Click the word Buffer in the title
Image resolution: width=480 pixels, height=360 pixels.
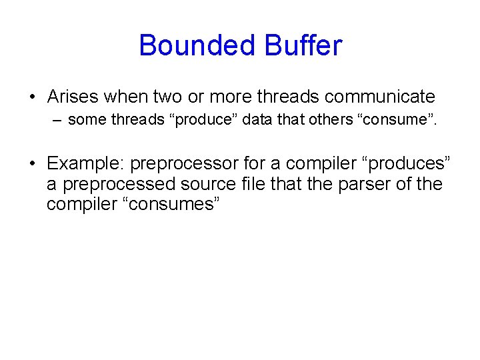pos(303,46)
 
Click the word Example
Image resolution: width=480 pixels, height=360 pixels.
pos(85,163)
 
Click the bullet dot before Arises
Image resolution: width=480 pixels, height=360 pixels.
pos(33,97)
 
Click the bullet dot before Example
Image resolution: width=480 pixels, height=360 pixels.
pos(33,164)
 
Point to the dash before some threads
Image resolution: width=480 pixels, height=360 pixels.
pos(57,121)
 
